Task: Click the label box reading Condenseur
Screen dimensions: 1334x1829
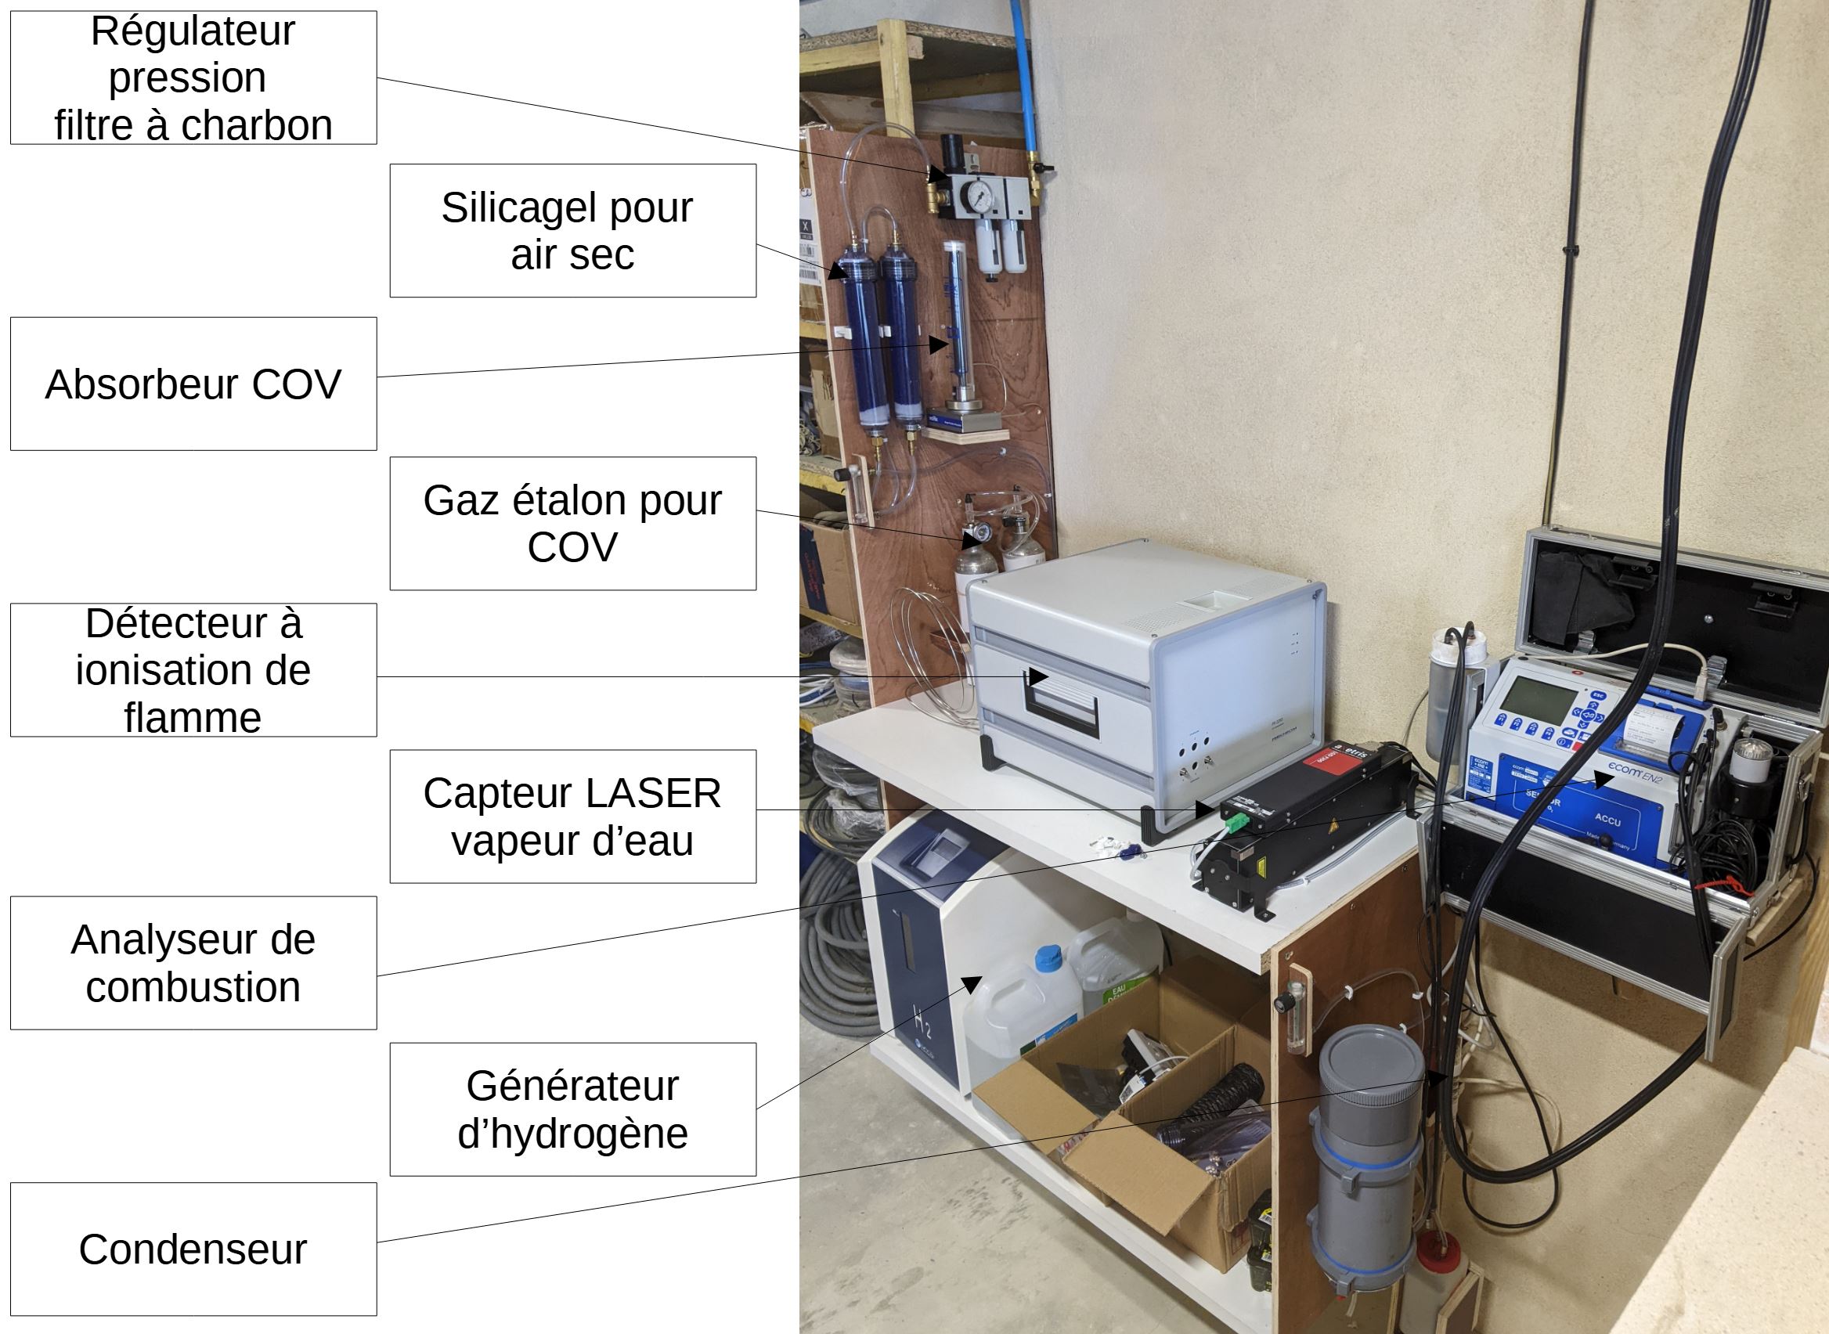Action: [x=193, y=1249]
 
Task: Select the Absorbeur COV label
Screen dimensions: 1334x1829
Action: [x=193, y=384]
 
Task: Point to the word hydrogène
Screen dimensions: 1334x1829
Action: [x=572, y=1133]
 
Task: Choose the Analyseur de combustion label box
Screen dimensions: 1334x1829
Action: [x=193, y=963]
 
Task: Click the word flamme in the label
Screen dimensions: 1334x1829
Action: [x=193, y=717]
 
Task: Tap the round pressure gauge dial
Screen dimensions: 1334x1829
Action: [x=979, y=194]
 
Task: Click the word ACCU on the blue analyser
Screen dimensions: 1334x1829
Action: [x=1607, y=820]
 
